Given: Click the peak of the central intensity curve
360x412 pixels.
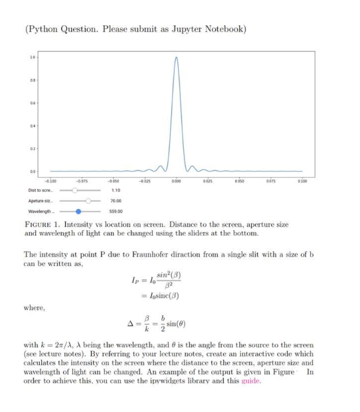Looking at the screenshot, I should pyautogui.click(x=176, y=57).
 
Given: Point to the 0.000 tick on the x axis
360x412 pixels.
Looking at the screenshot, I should pyautogui.click(x=176, y=180).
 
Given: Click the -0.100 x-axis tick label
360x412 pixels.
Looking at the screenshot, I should pyautogui.click(x=50, y=180).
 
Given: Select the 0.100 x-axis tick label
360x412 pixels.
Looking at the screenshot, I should pyautogui.click(x=302, y=180).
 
